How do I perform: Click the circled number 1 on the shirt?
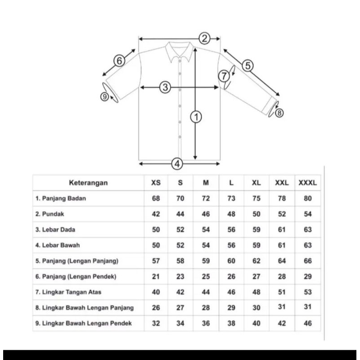[x=196, y=117]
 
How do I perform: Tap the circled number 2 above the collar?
[x=205, y=38]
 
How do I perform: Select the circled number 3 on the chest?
[x=165, y=88]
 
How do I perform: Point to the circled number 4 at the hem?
[x=178, y=164]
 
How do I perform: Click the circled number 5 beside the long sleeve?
[x=247, y=66]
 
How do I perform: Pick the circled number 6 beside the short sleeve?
[x=119, y=61]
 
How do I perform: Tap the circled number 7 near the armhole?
[x=224, y=76]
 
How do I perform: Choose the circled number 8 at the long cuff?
[x=279, y=113]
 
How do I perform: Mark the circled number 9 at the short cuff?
[x=104, y=96]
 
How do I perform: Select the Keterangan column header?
[x=88, y=183]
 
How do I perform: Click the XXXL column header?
[x=308, y=183]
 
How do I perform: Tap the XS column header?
[x=156, y=183]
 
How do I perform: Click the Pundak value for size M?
[x=206, y=214]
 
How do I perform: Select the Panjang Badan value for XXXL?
[x=308, y=198]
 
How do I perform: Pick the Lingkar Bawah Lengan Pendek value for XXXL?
[x=308, y=323]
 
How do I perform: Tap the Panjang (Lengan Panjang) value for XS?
[x=156, y=261]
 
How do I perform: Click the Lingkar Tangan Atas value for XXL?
[x=282, y=292]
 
